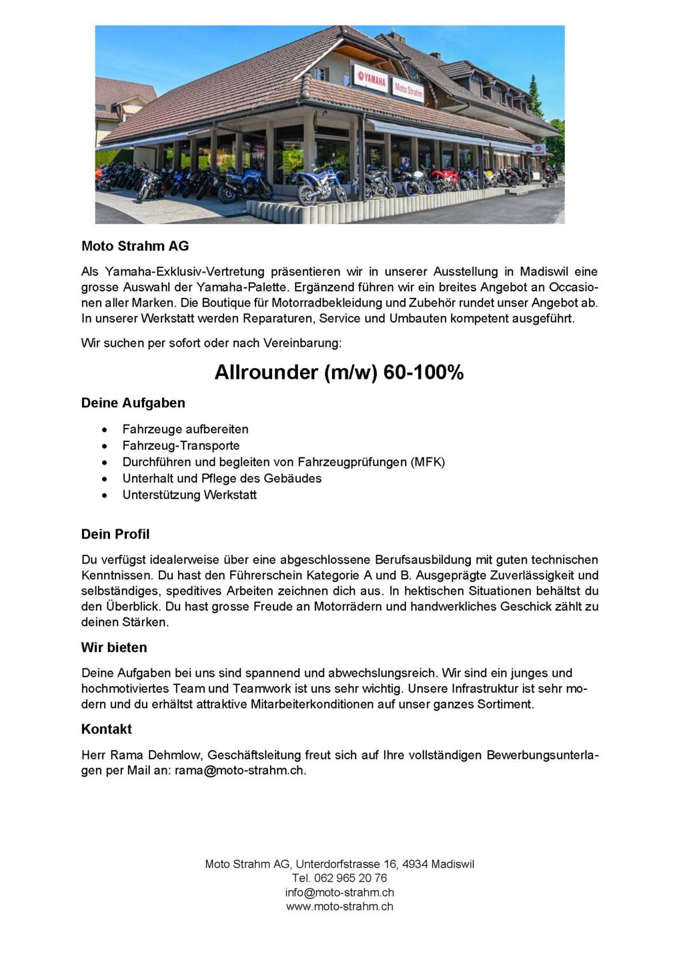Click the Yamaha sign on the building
(370, 79)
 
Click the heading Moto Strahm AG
(135, 246)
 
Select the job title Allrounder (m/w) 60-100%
(339, 372)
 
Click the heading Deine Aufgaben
(133, 403)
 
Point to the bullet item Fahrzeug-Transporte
(181, 445)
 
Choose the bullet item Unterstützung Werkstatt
(189, 495)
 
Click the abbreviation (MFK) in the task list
(428, 462)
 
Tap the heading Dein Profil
(115, 534)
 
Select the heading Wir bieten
(114, 647)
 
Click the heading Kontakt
(107, 729)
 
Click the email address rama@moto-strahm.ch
(239, 771)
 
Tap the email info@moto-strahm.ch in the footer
(339, 892)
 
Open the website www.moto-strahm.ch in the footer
(339, 907)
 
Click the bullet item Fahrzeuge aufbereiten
(185, 429)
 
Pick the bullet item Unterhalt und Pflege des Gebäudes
(221, 479)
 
